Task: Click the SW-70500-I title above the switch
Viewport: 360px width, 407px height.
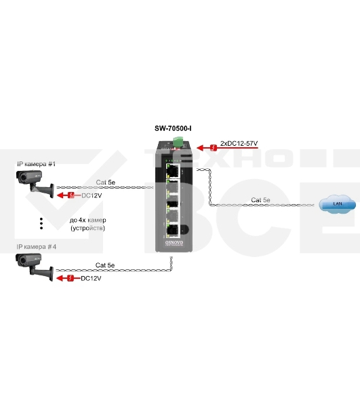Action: (178, 128)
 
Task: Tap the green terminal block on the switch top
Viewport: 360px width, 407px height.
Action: (180, 141)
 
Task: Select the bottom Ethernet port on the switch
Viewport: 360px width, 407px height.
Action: (173, 228)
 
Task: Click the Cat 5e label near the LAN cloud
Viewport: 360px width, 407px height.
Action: (260, 199)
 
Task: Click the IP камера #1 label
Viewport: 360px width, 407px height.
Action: (36, 164)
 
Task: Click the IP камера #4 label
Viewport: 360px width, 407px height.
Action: (36, 247)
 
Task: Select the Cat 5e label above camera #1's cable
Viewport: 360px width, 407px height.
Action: (106, 182)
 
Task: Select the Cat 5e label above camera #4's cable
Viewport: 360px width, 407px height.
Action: (106, 265)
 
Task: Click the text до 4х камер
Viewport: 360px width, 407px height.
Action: (88, 220)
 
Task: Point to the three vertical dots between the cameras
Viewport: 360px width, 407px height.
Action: (41, 225)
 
